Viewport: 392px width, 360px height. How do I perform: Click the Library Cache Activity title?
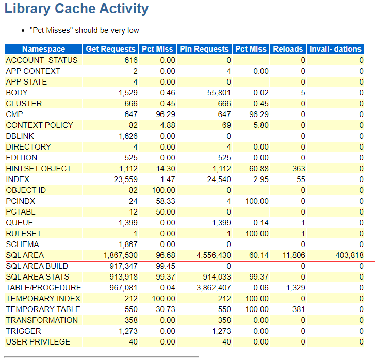[x=76, y=9]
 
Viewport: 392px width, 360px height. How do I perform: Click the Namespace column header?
[x=44, y=49]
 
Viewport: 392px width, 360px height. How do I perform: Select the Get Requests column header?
[x=111, y=49]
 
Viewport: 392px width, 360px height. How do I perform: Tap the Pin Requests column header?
[x=204, y=49]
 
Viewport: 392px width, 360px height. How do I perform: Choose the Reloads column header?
[x=288, y=49]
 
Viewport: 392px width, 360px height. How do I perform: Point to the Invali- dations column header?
[x=335, y=49]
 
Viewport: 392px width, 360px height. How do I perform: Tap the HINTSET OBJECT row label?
[x=39, y=169]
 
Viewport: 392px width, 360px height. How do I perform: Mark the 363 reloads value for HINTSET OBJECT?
[x=298, y=169]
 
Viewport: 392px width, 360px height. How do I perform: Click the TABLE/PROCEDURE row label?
[x=43, y=288]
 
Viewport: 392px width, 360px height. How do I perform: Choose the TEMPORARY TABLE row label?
[x=43, y=309]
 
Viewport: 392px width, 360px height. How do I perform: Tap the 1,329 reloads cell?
[x=295, y=288]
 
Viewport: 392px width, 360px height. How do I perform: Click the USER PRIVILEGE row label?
[x=38, y=342]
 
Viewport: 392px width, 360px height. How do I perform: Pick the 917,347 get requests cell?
[x=123, y=266]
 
